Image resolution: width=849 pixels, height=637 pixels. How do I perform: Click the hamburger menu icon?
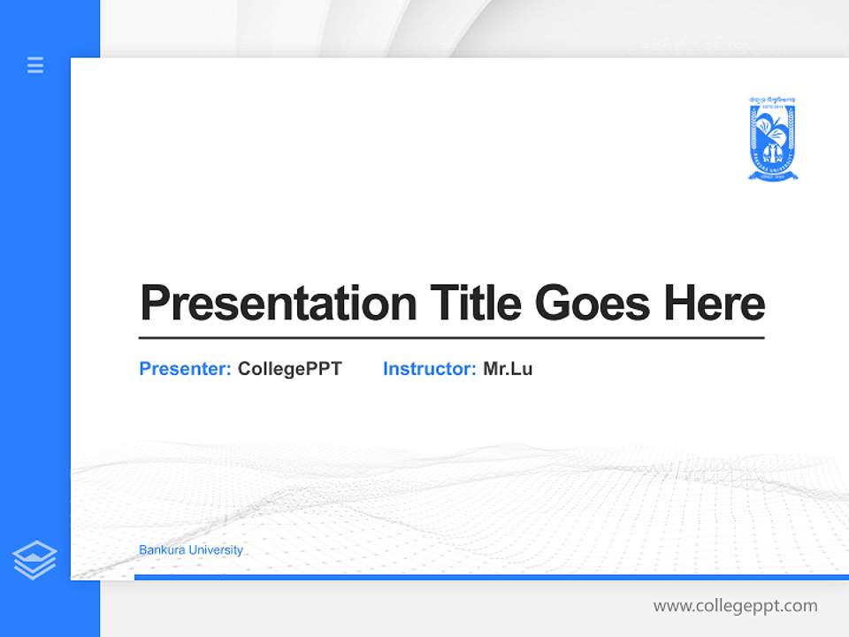35,65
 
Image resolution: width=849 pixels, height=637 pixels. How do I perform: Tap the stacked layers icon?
34,560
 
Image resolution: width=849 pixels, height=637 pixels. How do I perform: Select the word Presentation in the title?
278,303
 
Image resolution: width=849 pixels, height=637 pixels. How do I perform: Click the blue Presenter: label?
186,369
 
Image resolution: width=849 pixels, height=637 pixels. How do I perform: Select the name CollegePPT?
289,369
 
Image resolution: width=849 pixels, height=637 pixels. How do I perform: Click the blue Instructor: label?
430,369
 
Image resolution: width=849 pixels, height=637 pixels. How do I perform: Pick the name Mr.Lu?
508,369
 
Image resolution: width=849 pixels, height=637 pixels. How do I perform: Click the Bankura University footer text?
191,550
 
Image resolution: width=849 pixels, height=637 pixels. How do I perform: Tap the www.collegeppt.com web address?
735,606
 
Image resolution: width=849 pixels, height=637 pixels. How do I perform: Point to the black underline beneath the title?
451,337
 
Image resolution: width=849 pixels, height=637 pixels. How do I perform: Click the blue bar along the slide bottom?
491,577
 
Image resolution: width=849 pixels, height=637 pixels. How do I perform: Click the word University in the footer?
218,550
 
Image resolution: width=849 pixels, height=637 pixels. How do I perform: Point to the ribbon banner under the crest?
772,176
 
